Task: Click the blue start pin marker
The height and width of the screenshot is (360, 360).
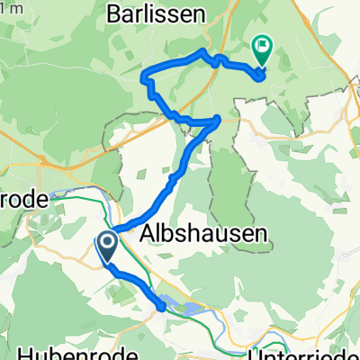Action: click(106, 246)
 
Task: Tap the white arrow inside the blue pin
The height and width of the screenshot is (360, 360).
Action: click(106, 242)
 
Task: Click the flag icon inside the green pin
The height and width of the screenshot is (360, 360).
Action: click(263, 43)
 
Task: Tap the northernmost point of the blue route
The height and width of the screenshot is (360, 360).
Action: click(202, 52)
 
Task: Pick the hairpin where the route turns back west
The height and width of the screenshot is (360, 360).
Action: click(218, 120)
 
